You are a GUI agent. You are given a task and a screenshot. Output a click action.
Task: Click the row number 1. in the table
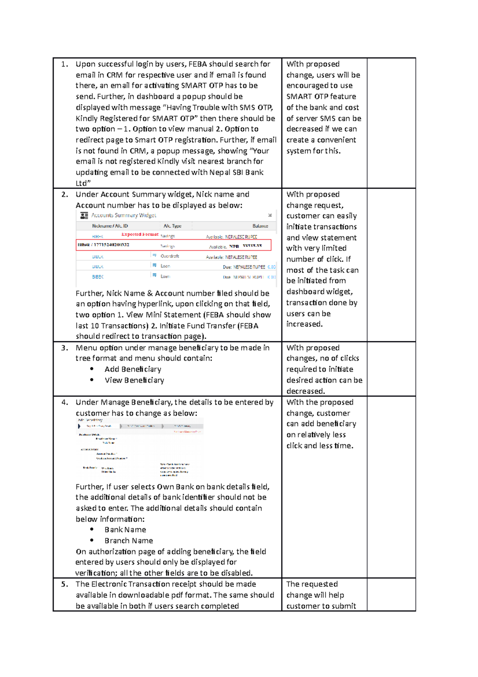[65, 64]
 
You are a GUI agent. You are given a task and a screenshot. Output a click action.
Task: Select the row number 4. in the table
[65, 402]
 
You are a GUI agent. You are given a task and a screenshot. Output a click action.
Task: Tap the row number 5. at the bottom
[65, 584]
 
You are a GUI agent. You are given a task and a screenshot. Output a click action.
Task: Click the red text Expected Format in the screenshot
[140, 234]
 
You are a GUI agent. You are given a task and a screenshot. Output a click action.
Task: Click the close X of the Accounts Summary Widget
[270, 215]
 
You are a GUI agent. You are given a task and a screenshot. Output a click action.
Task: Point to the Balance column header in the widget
[260, 226]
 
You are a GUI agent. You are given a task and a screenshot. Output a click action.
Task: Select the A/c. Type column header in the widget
[172, 226]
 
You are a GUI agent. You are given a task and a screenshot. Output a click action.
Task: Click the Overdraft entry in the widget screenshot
[170, 256]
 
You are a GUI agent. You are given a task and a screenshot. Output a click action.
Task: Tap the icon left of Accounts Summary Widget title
[84, 216]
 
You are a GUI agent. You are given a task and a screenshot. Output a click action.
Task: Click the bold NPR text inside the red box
[234, 246]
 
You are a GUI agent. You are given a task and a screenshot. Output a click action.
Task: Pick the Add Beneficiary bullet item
[133, 369]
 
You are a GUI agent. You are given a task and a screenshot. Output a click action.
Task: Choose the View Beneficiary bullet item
[134, 380]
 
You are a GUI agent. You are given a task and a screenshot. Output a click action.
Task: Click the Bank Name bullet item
[125, 529]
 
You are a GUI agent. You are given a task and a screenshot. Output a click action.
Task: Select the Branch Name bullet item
[129, 541]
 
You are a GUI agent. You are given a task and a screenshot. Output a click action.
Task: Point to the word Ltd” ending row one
[83, 183]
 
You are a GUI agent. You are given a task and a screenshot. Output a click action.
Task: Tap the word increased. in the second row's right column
[304, 324]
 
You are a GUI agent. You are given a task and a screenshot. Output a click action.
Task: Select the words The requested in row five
[312, 584]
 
